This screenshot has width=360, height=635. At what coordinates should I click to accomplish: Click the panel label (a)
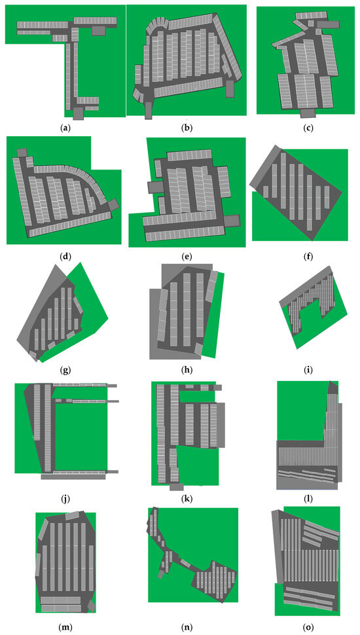[x=65, y=129]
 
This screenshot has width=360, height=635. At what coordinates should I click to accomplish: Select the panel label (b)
[x=187, y=129]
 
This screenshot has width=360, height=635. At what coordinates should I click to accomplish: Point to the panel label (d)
[x=65, y=256]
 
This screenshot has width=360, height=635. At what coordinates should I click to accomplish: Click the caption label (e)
[x=187, y=256]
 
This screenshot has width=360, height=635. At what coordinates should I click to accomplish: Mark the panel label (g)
[x=65, y=369]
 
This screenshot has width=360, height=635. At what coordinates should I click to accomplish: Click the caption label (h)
[x=187, y=369]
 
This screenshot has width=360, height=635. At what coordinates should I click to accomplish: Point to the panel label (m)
[x=65, y=627]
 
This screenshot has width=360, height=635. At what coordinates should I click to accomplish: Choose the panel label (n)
[x=187, y=627]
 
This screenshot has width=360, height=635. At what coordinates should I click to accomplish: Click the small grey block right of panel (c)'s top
[x=328, y=24]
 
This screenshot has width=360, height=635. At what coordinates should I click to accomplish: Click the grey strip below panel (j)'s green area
[x=73, y=477]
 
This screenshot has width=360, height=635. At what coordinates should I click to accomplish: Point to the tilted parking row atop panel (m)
[x=75, y=517]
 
